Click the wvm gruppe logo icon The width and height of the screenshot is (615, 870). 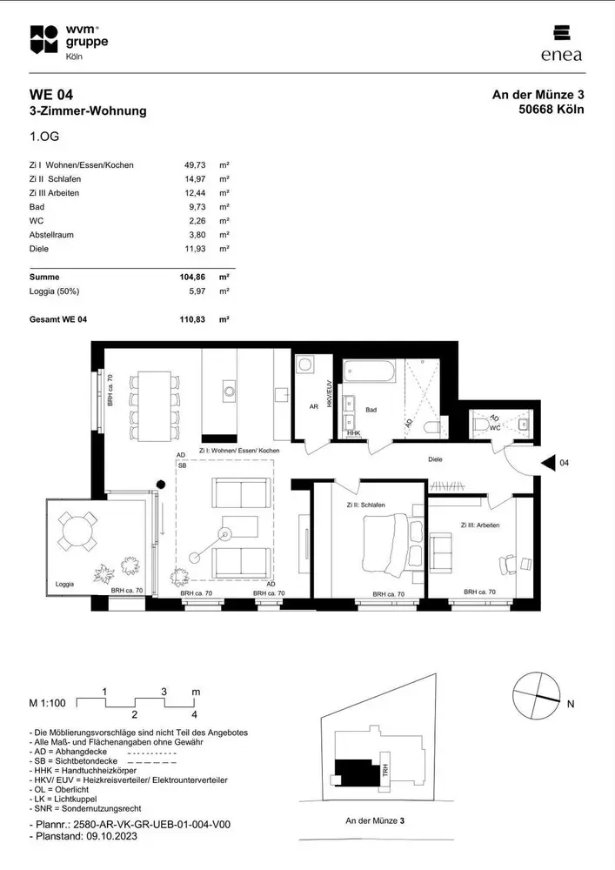pyautogui.click(x=43, y=39)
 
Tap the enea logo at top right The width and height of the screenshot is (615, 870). pyautogui.click(x=561, y=43)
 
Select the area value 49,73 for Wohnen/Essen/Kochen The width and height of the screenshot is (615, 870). pyautogui.click(x=195, y=164)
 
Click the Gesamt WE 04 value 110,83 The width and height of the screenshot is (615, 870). pyautogui.click(x=192, y=319)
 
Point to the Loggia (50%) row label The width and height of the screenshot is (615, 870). pyautogui.click(x=54, y=291)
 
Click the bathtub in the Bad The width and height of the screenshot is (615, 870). pyautogui.click(x=370, y=371)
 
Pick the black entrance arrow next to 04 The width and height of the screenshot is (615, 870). pyautogui.click(x=548, y=463)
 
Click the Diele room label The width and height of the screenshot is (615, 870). pyautogui.click(x=435, y=459)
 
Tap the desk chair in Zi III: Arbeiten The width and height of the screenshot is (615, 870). pyautogui.click(x=507, y=565)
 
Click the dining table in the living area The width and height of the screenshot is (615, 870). pyautogui.click(x=155, y=406)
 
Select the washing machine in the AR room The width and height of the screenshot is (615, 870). pyautogui.click(x=304, y=365)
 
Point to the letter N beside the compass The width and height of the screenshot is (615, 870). pyautogui.click(x=571, y=704)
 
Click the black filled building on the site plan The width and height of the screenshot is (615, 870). pyautogui.click(x=356, y=772)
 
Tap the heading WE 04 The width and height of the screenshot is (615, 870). pyautogui.click(x=51, y=94)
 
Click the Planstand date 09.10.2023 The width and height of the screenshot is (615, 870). pyautogui.click(x=111, y=836)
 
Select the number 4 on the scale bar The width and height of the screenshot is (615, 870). pyautogui.click(x=194, y=714)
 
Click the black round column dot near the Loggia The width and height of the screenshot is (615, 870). pyautogui.click(x=161, y=485)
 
